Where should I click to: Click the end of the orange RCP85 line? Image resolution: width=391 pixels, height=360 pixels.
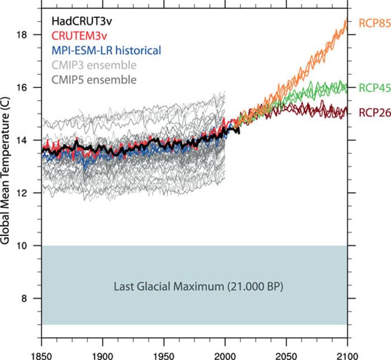coord(346,22)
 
